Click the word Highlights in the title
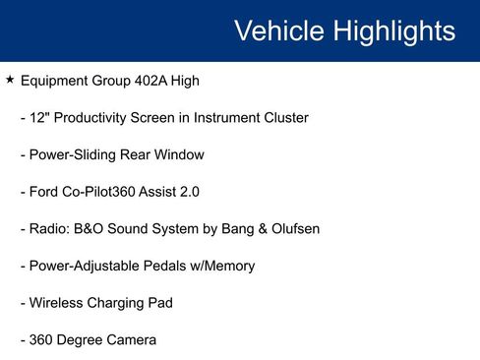392,30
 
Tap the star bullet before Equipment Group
10,80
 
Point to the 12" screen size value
40,118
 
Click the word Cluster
282,118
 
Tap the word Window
177,154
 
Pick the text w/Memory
223,266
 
